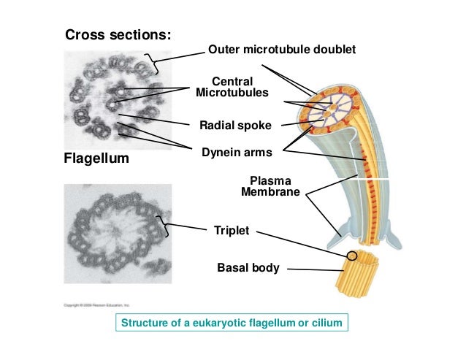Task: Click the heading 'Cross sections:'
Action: (120, 34)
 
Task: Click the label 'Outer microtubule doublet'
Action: (282, 50)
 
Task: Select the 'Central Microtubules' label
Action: (232, 87)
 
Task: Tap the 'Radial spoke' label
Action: (235, 126)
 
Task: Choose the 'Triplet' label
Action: (232, 231)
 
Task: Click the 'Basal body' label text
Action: (248, 268)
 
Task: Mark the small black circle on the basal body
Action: (352, 256)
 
